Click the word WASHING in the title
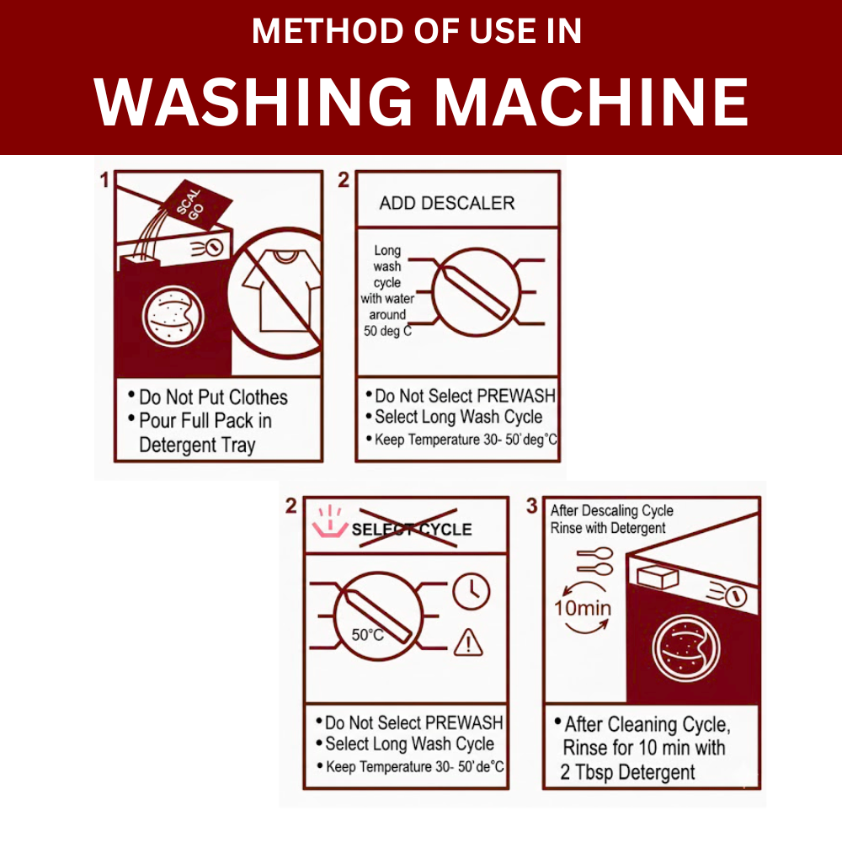253,102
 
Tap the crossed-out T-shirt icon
275,293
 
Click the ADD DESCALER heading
447,203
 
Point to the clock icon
471,591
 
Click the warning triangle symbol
468,642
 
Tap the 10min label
583,608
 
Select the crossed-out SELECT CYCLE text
412,529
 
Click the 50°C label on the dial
368,635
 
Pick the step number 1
104,180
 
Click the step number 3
531,505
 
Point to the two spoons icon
595,561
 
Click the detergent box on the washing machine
658,577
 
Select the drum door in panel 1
173,317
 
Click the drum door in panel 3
685,648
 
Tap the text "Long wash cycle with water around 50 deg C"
387,290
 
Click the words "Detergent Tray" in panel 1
197,445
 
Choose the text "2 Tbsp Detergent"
627,772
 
